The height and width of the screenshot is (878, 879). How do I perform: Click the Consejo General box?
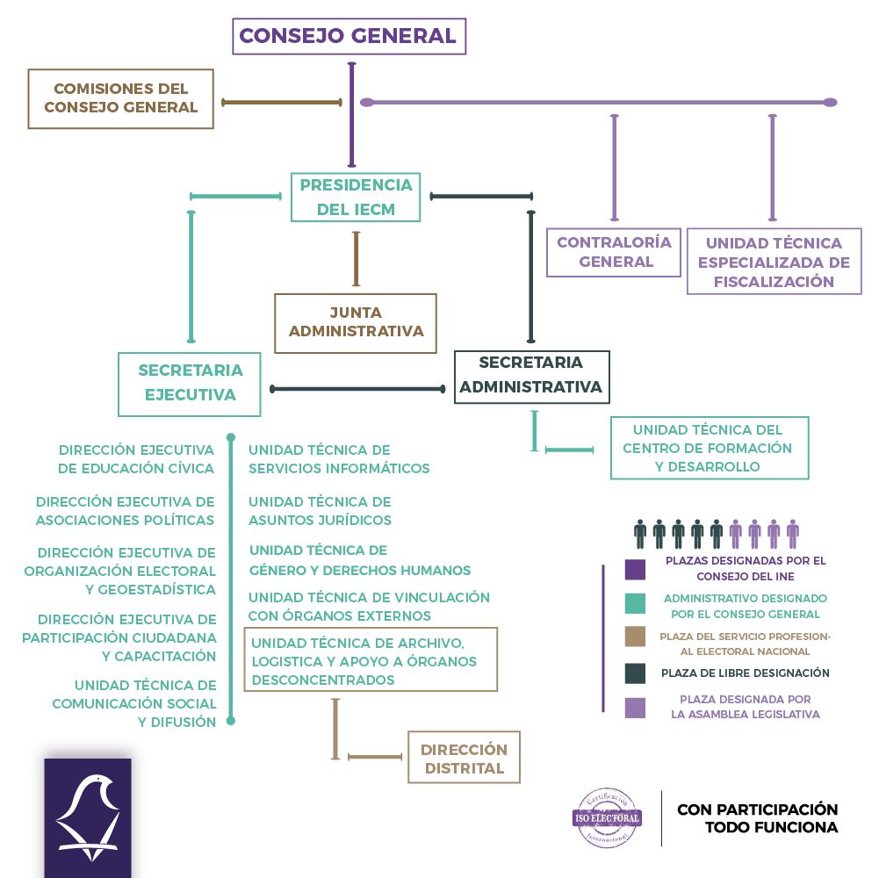point(349,36)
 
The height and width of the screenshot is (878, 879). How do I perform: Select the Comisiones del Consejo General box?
point(121,99)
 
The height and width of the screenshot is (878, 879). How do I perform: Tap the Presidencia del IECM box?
point(356,198)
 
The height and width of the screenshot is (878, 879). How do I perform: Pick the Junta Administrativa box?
point(356,322)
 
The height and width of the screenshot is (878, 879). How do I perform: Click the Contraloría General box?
point(614,252)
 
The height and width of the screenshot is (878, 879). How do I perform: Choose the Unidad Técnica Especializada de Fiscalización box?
point(773,262)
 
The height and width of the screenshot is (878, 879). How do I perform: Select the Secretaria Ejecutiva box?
point(190,383)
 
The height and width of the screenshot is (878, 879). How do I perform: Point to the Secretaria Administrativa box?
point(531,375)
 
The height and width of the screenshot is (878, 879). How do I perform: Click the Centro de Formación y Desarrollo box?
point(709,448)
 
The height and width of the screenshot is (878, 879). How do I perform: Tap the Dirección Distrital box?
point(464,759)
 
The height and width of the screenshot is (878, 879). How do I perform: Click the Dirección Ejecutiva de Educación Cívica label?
point(136,459)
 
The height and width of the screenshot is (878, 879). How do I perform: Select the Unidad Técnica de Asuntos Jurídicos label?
point(320,511)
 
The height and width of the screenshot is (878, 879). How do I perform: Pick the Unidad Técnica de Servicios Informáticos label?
point(339,459)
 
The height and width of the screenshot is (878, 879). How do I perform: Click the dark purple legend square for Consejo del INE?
point(635,569)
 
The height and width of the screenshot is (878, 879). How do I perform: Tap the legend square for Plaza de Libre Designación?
point(635,673)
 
